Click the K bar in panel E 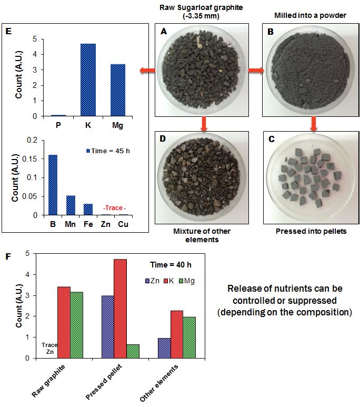tap(88, 80)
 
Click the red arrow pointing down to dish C tap(314, 124)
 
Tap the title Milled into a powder tap(313, 15)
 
